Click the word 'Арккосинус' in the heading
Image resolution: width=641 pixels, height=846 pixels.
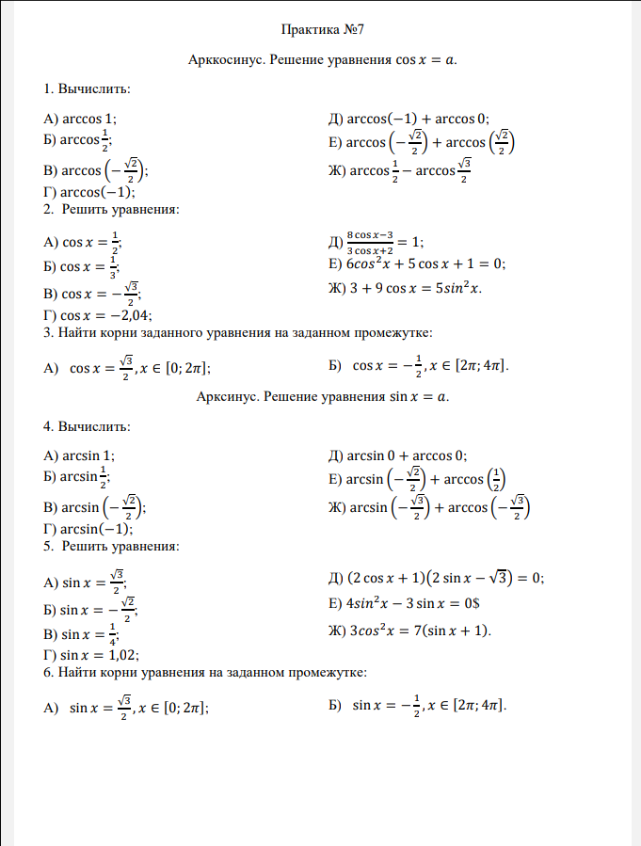tap(228, 60)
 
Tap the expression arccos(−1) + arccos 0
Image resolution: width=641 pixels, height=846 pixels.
tap(419, 119)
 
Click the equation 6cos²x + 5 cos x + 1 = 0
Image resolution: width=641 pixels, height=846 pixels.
tap(425, 263)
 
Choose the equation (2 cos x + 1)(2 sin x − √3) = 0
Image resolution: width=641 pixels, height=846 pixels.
tap(446, 578)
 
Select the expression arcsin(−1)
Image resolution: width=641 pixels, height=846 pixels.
tap(96, 528)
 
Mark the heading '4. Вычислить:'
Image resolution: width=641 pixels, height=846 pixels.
tap(87, 426)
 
